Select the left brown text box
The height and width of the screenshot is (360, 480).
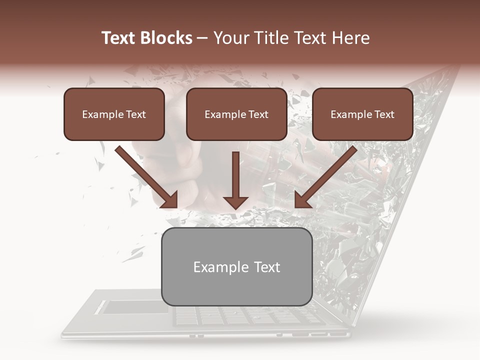tap(114, 114)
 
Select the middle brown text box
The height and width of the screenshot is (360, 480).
tap(236, 114)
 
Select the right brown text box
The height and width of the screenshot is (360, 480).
tap(362, 114)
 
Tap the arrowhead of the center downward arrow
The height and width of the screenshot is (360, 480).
tap(236, 202)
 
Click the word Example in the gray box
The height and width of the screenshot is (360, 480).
tap(216, 267)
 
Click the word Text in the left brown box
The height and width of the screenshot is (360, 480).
tap(135, 114)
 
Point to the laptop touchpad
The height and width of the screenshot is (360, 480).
tap(135, 307)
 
